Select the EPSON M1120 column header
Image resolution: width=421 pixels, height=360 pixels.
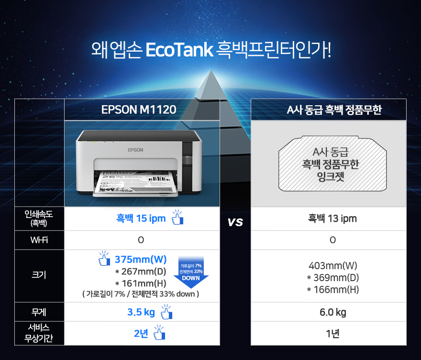coord(139,110)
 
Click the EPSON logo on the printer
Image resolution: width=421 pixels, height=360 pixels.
coord(135,150)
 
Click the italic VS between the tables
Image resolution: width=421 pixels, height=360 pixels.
coord(235,222)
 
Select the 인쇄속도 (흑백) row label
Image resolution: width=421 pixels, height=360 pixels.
coord(39,218)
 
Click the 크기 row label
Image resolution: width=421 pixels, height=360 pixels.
coord(39,276)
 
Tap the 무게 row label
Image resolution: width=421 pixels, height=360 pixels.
coord(39,312)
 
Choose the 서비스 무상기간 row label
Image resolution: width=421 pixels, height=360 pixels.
coord(39,333)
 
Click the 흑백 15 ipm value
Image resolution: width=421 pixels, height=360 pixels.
coord(141,218)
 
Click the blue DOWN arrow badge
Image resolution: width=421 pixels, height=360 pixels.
coord(190,273)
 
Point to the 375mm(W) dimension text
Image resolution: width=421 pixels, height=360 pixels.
coord(141,260)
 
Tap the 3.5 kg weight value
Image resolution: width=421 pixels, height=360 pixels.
coord(141,312)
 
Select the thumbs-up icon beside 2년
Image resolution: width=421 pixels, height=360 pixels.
coord(159,333)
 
